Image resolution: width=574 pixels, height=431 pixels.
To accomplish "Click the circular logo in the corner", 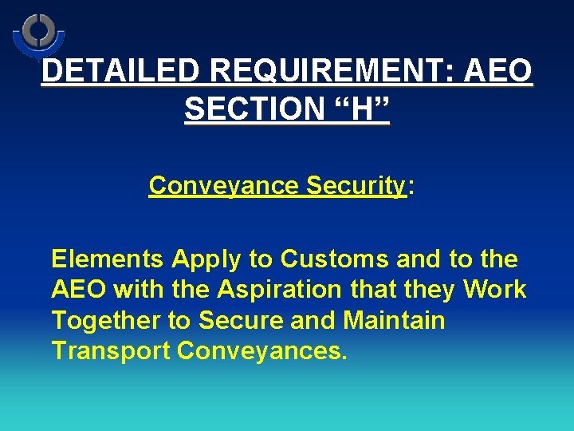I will (37, 34).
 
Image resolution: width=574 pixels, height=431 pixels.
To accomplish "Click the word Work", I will (493, 289).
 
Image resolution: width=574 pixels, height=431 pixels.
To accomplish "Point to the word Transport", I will (111, 351).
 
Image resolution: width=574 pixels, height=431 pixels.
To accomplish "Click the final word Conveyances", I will (262, 351).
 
